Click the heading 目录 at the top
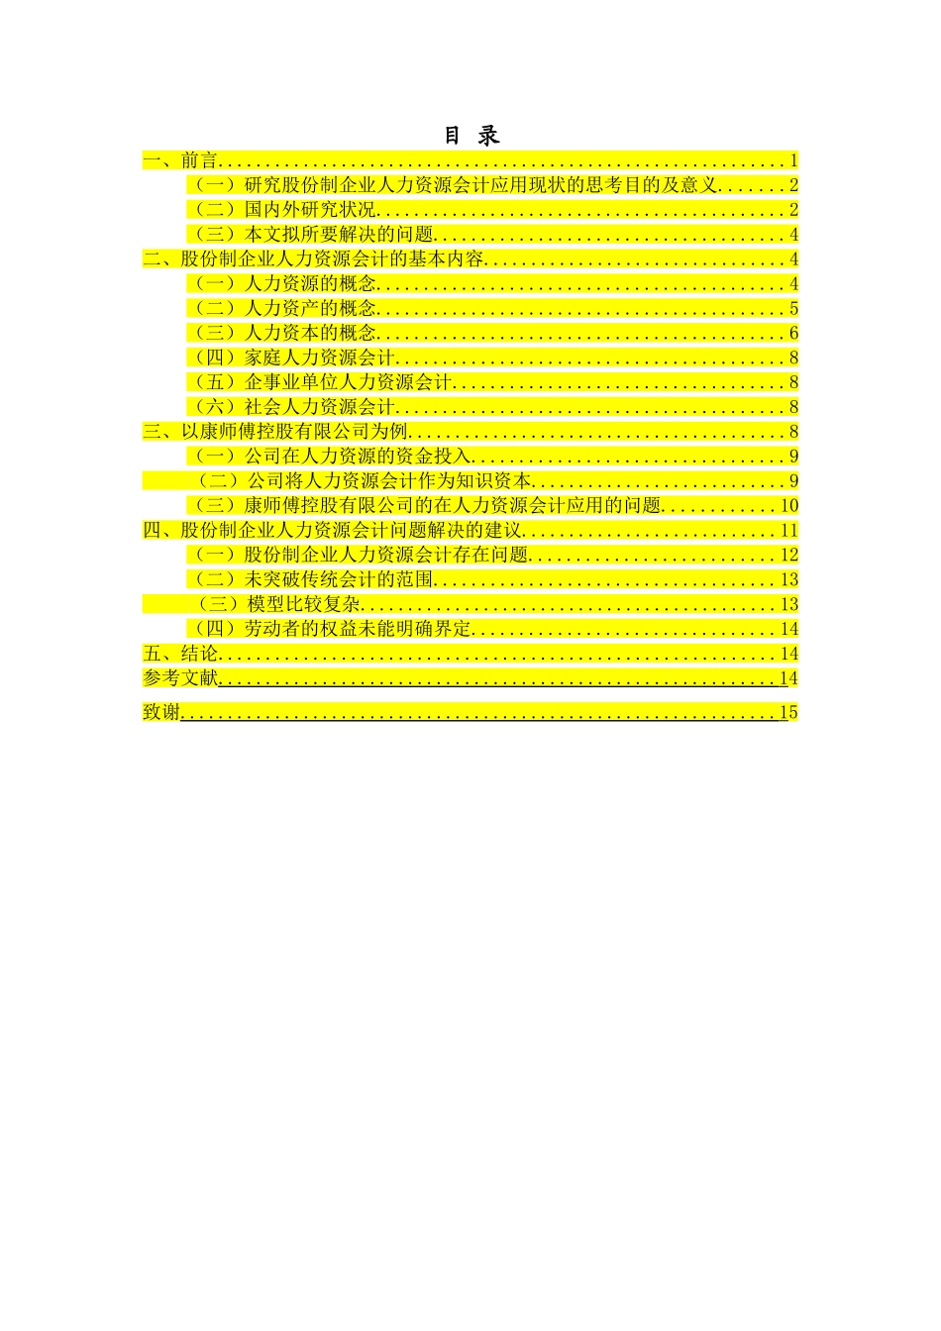[471, 136]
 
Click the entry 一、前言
[180, 160]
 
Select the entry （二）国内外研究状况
[282, 210]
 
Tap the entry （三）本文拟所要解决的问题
[311, 235]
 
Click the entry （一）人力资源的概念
[282, 284]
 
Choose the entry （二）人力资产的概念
[282, 309]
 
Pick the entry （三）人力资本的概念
[282, 333]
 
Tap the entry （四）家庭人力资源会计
[292, 358]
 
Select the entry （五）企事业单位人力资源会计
[320, 382]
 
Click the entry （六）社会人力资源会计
[292, 407]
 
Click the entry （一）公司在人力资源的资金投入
[330, 457]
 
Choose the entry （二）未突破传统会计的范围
[311, 579]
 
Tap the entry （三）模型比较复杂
[276, 604]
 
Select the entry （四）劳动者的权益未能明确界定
[330, 629]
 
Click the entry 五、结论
[180, 654]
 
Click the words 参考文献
[180, 678]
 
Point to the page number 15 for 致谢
[788, 713]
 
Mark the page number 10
[789, 506]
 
